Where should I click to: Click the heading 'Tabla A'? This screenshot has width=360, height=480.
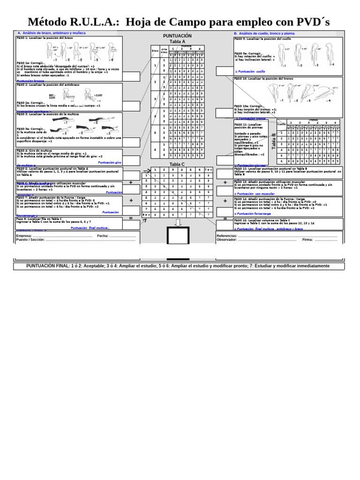(177, 42)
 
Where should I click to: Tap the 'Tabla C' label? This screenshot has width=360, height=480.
(177, 165)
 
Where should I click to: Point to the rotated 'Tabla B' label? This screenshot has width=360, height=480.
(274, 141)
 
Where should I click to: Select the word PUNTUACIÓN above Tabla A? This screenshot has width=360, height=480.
(177, 36)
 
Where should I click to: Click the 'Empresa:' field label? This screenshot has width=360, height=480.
(24, 236)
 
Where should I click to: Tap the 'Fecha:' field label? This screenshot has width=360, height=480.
(103, 236)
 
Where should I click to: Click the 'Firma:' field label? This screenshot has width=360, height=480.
(307, 240)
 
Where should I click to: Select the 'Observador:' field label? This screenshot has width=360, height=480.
(227, 240)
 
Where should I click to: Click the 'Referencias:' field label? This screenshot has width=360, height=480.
(227, 236)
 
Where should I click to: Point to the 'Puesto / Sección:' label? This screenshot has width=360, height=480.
(30, 240)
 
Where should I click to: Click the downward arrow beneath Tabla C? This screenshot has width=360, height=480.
(178, 222)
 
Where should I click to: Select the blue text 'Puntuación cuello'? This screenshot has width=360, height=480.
(251, 72)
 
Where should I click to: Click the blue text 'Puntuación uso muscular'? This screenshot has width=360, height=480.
(255, 194)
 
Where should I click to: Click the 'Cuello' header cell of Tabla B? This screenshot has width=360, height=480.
(281, 124)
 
